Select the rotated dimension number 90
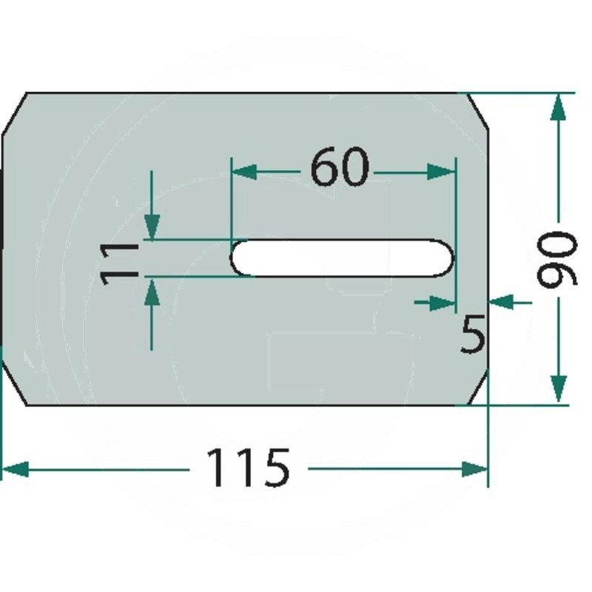point(556,259)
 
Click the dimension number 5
point(472,334)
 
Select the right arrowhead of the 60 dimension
point(442,172)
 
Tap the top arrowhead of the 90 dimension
point(559,108)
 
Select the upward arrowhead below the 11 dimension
point(152,294)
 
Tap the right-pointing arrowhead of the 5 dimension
point(443,301)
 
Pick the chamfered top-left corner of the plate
point(15,109)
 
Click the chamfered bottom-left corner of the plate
point(15,389)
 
